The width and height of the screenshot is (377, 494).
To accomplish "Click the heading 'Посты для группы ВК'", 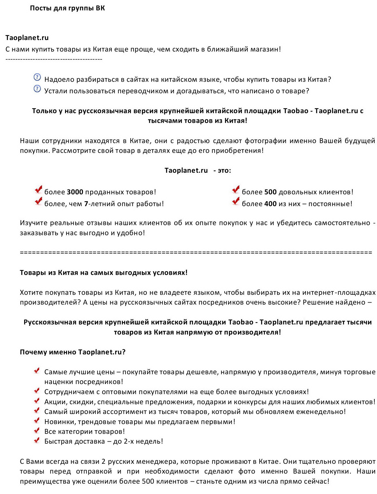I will click(x=67, y=8).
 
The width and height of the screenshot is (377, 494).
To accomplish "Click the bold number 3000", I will click(x=75, y=192).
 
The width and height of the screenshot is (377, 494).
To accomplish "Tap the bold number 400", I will click(x=270, y=204).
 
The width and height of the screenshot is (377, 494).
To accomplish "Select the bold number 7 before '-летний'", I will click(x=86, y=204).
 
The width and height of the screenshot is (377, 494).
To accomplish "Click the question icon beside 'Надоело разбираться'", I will click(x=37, y=77).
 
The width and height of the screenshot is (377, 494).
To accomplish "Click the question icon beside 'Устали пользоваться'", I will click(x=37, y=89).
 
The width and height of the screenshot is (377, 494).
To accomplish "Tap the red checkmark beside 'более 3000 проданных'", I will click(x=38, y=190).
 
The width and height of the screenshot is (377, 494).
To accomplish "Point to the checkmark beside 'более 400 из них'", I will click(x=236, y=201).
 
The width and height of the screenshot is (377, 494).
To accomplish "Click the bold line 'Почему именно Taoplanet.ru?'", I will click(x=73, y=352).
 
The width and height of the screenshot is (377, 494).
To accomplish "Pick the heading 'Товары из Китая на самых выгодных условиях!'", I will click(x=104, y=273).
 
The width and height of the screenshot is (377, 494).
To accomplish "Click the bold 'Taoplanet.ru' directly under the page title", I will click(x=27, y=38).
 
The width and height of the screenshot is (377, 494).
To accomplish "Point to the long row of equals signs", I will click(x=196, y=252).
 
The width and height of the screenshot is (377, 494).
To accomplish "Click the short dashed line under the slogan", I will click(x=54, y=59).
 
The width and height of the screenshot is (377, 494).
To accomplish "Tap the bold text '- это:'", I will click(x=222, y=170).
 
